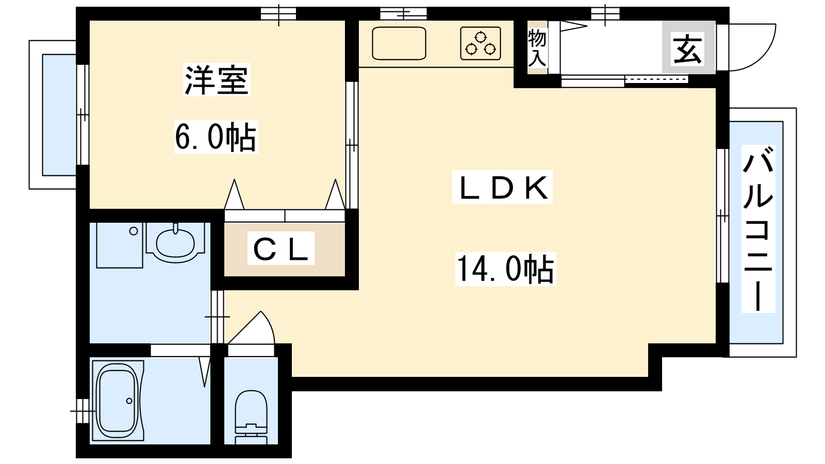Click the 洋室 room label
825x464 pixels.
click(x=217, y=79)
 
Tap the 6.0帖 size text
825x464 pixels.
click(x=216, y=137)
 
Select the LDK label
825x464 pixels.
click(x=502, y=188)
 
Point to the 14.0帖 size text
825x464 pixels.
click(x=505, y=269)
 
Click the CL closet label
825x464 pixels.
click(x=280, y=248)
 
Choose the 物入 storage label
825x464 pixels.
click(x=537, y=48)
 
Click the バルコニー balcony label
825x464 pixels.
click(x=758, y=229)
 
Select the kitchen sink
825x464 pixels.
click(x=399, y=43)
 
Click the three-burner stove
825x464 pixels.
click(x=481, y=43)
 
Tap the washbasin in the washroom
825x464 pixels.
click(x=175, y=242)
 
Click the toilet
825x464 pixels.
click(x=251, y=417)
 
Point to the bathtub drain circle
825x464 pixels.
click(x=129, y=401)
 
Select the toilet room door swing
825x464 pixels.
click(x=251, y=328)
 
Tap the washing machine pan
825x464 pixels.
click(x=119, y=245)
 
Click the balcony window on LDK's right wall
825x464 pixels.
click(x=722, y=216)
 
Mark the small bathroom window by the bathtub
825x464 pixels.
click(x=82, y=410)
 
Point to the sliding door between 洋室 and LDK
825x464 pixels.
click(x=352, y=145)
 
